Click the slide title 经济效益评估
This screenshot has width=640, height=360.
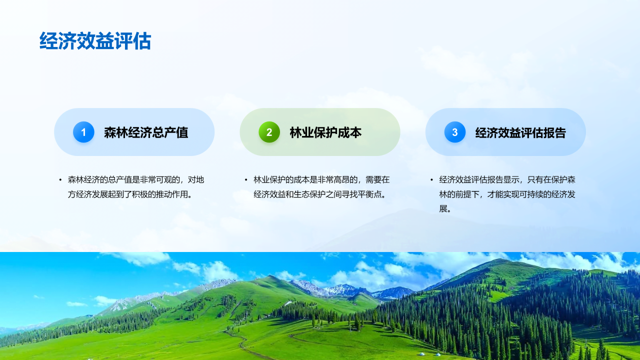95,41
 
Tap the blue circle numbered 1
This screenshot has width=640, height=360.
83,132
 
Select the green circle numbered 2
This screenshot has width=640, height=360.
269,132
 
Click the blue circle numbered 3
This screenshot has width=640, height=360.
455,132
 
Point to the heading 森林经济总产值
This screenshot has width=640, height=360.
146,132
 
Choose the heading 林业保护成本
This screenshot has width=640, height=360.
325,132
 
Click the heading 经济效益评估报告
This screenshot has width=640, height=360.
520,132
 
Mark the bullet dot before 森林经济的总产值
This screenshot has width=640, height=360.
60,180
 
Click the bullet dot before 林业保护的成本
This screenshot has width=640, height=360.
246,180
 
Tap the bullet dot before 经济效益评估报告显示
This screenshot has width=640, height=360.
431,180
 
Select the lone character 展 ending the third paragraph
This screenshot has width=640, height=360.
443,209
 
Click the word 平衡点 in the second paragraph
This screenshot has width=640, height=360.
369,194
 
